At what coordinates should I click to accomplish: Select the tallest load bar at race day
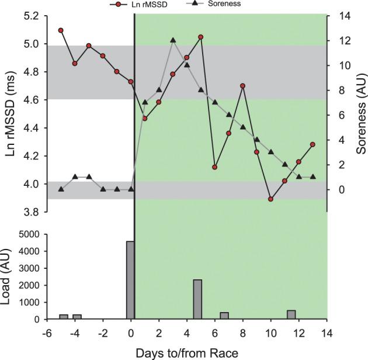(130, 280)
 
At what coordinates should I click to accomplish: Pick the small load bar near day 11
(291, 314)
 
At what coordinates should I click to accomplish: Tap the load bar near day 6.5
(224, 316)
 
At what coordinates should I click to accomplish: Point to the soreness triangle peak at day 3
(173, 40)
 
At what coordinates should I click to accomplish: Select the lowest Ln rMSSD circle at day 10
(270, 199)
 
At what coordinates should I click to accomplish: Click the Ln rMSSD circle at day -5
(61, 30)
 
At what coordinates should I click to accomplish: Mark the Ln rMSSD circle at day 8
(242, 86)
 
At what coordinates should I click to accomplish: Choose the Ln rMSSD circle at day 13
(313, 144)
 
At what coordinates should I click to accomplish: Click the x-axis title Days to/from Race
(186, 352)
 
